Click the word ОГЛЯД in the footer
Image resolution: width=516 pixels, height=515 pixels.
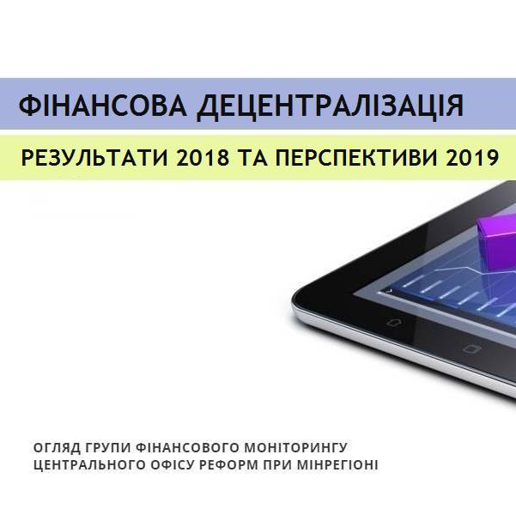[x=55, y=448]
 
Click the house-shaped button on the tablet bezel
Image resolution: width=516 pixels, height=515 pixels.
[x=393, y=322]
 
